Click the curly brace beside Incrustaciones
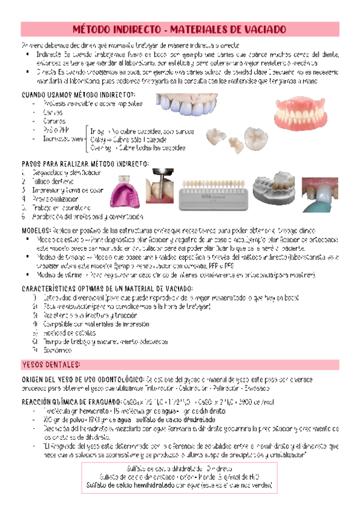[85, 139]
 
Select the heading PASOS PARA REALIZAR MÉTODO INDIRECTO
[85, 164]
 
